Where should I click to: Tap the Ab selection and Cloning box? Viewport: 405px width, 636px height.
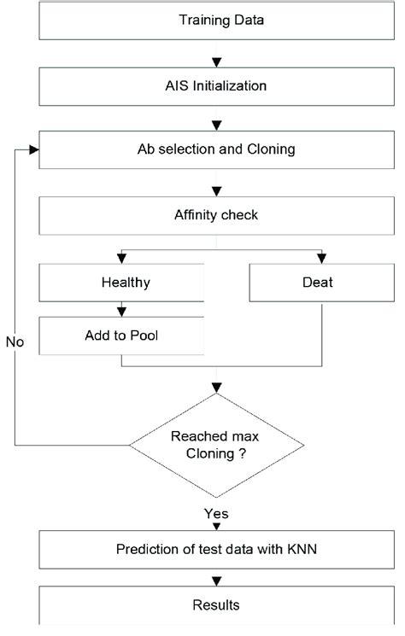[x=215, y=149]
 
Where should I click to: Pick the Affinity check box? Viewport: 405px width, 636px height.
[x=215, y=215]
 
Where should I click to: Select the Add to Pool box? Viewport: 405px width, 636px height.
[x=121, y=336]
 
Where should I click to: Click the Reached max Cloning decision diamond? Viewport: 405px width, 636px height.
[x=215, y=444]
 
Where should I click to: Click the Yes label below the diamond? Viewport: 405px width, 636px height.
[x=215, y=514]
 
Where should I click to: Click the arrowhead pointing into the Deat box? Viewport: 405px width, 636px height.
[x=320, y=256]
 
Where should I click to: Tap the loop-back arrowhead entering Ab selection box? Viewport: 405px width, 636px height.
[x=34, y=149]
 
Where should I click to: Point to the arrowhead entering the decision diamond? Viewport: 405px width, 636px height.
[x=216, y=386]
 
